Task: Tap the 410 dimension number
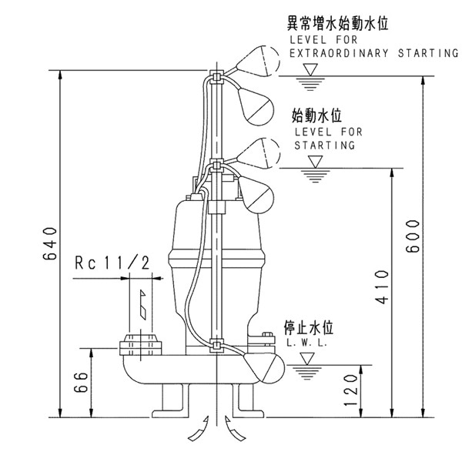tap(380, 287)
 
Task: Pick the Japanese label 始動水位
tap(317, 116)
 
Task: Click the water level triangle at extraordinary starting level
tap(311, 70)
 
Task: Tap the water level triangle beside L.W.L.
tap(307, 358)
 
